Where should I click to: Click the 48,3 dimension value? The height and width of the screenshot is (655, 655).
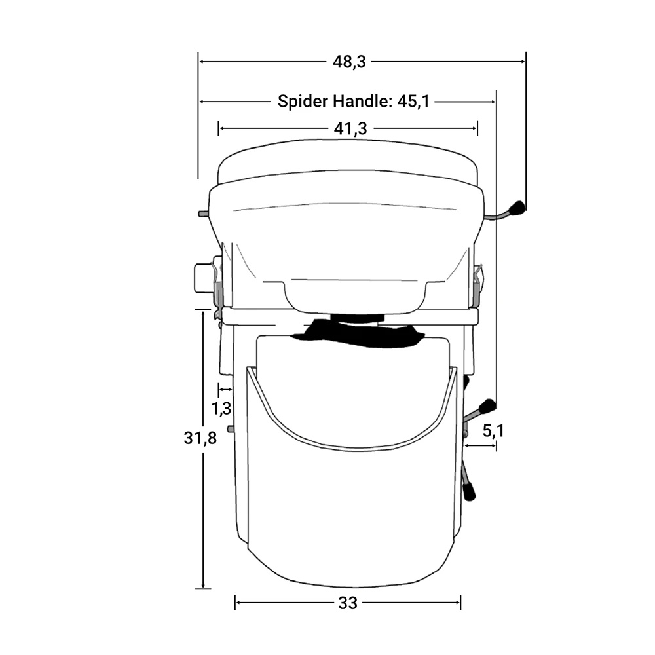point(349,62)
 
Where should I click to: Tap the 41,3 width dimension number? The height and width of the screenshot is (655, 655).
point(350,128)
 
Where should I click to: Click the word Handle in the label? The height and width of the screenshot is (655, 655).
point(363,101)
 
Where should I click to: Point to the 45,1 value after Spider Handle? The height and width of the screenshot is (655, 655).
point(413,102)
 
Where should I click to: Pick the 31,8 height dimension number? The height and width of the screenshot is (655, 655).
point(200,438)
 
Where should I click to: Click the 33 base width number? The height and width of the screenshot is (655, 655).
point(348,603)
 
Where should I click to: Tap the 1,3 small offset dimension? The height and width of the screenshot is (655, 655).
point(221,408)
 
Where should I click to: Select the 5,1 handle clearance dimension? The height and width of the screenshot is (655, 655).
point(493,431)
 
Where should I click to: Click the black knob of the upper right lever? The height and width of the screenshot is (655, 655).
point(517,208)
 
